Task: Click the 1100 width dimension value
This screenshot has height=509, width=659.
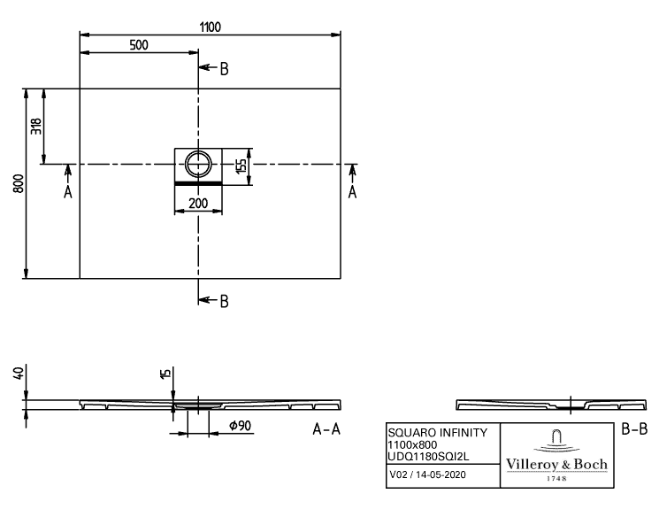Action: tap(210, 27)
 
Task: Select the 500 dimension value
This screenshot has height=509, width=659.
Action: tap(139, 45)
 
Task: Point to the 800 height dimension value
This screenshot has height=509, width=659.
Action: tap(19, 183)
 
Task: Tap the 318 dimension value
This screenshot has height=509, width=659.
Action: tap(36, 127)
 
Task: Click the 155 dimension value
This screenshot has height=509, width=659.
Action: tap(241, 166)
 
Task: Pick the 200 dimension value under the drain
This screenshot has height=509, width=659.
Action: tap(198, 204)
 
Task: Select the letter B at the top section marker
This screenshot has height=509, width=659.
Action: tap(225, 69)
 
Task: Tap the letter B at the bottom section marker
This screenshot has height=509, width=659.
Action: tap(225, 302)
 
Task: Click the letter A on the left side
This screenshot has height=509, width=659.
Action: tap(67, 192)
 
